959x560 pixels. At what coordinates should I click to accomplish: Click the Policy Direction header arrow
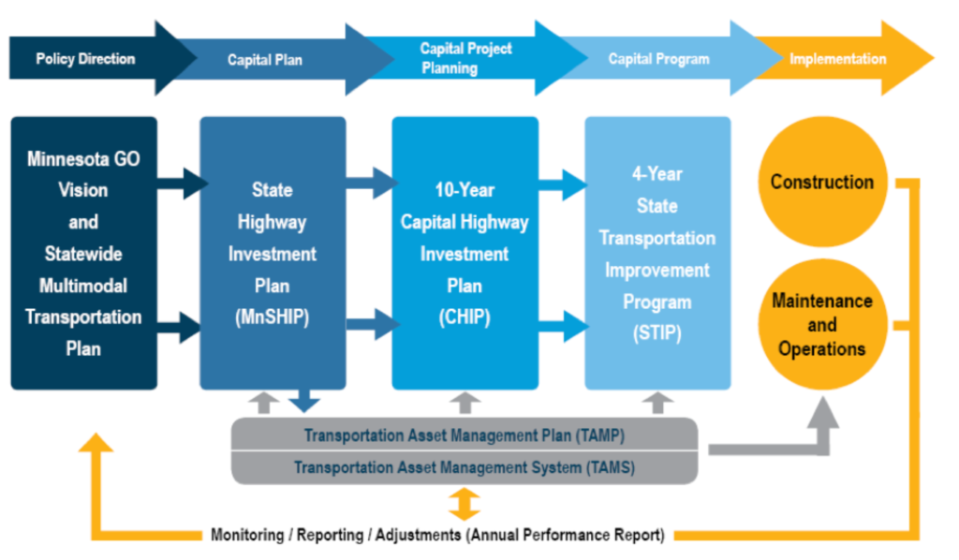pos(86,59)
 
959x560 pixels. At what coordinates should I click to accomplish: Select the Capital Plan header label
pos(265,60)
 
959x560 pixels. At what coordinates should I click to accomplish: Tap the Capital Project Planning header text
pos(466,58)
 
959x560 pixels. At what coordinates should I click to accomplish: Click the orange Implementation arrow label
pos(837,59)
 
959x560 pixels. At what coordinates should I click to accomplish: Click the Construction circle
pos(821,183)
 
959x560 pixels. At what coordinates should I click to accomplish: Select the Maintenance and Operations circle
pos(821,325)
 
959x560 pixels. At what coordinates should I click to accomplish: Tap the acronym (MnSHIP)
pos(272,317)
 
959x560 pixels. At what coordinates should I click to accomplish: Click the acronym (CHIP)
pos(464,317)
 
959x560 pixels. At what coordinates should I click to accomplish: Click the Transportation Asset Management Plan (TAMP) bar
pos(464,435)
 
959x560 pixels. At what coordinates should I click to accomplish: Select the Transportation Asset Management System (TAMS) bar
pos(464,466)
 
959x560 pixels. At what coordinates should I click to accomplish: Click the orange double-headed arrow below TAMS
pos(464,504)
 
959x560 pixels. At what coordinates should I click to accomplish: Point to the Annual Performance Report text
pos(566,536)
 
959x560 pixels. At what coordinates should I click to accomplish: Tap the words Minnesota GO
pos(83,159)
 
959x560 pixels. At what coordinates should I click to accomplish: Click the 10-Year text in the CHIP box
pos(464,190)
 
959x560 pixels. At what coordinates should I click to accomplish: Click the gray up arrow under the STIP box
pos(658,403)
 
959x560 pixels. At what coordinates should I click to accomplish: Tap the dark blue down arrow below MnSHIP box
pos(303,402)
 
